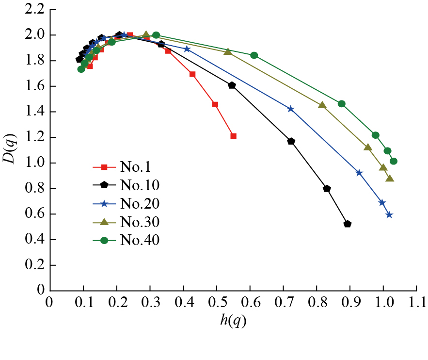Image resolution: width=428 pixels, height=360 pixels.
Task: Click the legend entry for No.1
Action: pos(136,167)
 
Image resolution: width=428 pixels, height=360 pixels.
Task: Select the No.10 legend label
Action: pos(140,185)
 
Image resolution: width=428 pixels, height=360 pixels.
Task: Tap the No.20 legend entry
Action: pos(140,204)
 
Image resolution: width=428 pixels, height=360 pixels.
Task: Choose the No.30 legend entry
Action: pos(140,222)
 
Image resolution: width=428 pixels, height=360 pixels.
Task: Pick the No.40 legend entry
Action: pos(140,240)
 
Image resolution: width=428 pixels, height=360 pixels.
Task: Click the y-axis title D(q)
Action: pos(11,151)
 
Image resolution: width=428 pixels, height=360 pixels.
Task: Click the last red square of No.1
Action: pos(233,136)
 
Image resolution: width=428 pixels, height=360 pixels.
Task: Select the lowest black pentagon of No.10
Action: pos(347,224)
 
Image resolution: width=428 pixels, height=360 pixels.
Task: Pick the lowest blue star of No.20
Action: pos(389,215)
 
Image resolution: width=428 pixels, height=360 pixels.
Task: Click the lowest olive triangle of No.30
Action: pos(390,179)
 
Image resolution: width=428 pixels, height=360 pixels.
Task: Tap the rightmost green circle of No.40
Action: pos(393,161)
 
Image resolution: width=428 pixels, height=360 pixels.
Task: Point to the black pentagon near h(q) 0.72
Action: pos(291,141)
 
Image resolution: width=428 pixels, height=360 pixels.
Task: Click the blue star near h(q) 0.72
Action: pos(291,109)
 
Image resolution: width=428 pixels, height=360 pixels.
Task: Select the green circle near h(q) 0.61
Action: pos(254,55)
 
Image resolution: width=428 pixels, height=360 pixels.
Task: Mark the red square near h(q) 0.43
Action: pos(192,74)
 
